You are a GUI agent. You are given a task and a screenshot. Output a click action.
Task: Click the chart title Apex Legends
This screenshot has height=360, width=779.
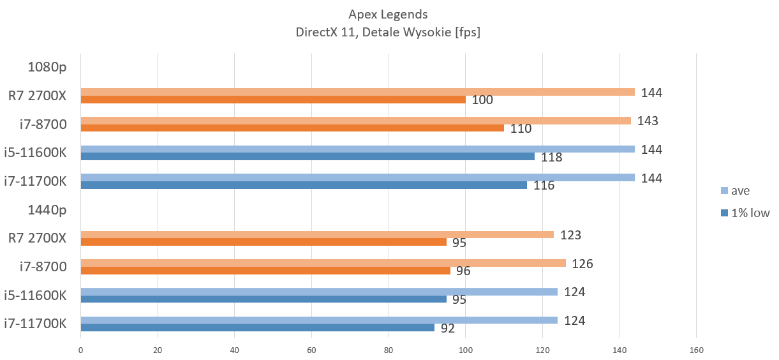388,14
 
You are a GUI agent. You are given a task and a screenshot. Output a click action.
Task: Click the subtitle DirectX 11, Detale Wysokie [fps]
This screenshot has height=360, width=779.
388,32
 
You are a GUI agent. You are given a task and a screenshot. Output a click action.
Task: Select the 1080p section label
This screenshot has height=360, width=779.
47,66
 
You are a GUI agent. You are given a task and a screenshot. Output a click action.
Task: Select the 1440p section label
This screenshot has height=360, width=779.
47,209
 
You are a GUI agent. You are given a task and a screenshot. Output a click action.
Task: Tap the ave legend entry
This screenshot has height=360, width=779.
741,190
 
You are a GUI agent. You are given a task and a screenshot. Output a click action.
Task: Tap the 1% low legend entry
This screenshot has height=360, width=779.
750,213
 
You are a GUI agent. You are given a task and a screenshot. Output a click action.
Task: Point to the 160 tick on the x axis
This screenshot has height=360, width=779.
696,350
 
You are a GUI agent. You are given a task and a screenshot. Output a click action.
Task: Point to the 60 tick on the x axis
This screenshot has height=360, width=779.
311,350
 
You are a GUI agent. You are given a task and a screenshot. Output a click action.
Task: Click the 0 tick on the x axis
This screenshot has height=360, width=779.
80,350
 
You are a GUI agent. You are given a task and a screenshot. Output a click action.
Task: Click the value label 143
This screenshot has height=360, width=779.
647,121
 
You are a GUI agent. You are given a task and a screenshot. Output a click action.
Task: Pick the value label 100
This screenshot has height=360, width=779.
483,100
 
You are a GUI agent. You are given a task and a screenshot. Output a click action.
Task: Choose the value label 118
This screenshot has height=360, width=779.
551,157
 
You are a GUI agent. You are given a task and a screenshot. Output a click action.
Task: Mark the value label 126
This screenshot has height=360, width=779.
582,263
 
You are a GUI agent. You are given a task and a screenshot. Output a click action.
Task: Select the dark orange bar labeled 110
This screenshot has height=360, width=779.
292,128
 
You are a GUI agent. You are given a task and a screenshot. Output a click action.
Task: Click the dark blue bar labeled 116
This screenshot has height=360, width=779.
304,185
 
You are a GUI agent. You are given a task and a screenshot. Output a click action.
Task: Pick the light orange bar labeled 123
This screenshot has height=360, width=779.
317,234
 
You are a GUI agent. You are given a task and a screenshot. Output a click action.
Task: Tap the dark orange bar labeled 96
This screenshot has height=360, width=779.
265,271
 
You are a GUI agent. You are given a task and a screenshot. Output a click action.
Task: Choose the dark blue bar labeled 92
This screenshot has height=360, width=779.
257,327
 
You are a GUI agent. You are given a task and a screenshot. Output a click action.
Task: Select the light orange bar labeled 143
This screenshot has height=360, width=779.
355,121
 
